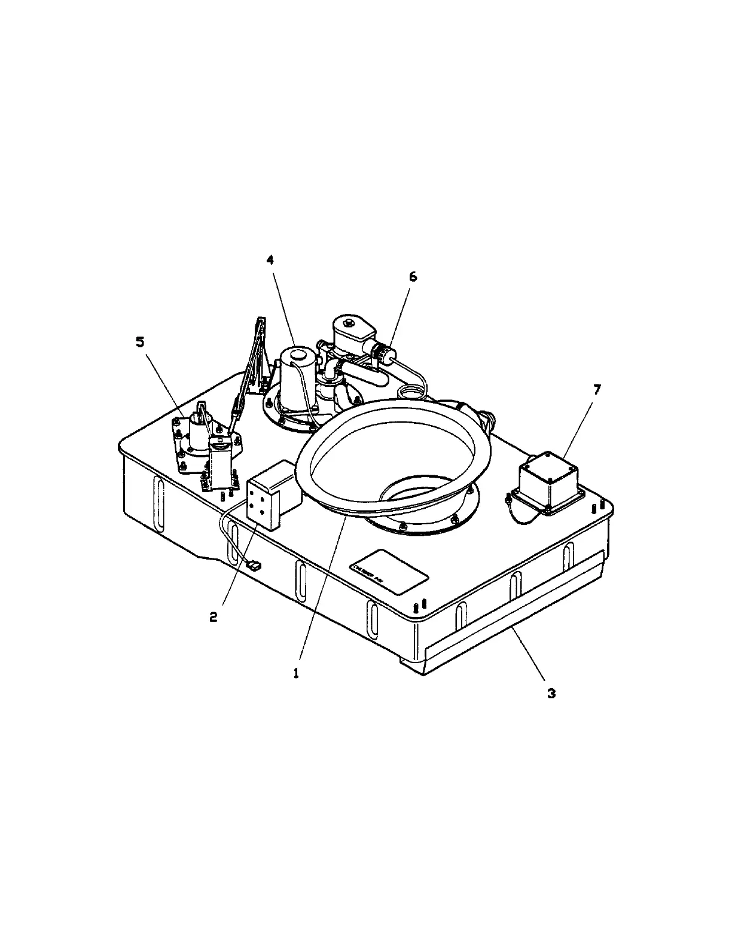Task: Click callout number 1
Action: (295, 672)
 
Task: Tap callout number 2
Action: (213, 618)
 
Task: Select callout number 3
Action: (551, 694)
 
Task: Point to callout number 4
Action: (270, 260)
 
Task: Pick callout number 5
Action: (140, 342)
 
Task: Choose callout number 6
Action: (413, 277)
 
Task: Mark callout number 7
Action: (596, 389)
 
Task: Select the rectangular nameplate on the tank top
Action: (389, 572)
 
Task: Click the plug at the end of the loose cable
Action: (253, 564)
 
